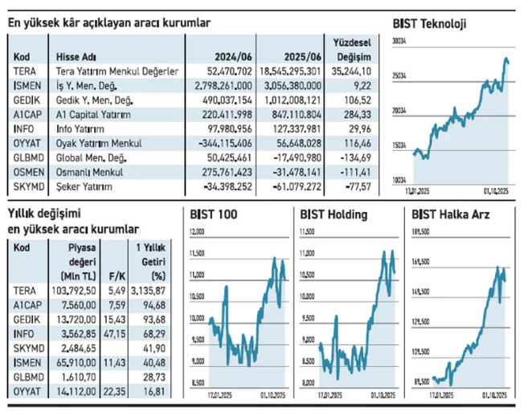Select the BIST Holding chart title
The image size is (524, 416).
coord(334,214)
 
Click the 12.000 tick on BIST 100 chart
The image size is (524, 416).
coord(196,231)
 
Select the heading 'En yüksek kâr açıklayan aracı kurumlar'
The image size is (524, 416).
coord(109,23)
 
